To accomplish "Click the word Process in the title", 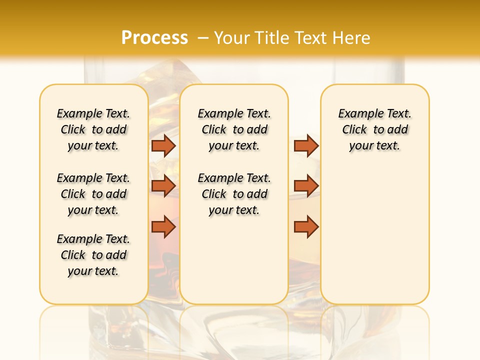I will (x=154, y=38).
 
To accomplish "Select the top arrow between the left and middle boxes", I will (x=163, y=145).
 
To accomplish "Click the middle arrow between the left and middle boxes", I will (x=163, y=186).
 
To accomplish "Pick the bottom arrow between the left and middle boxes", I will (x=163, y=226).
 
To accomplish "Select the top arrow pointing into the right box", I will (x=306, y=145).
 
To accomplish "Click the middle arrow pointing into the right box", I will (x=306, y=186).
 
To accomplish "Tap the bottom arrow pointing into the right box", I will (x=306, y=226).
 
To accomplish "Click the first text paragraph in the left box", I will (x=93, y=129).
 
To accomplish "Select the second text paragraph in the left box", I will (x=93, y=194).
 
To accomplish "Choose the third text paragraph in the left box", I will (x=93, y=255).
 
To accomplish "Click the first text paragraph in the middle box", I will (x=234, y=129).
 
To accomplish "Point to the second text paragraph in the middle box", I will (x=234, y=194).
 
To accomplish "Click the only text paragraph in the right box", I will (x=374, y=129).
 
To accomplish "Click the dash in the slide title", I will (x=203, y=38).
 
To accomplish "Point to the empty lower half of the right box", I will (x=374, y=240).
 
